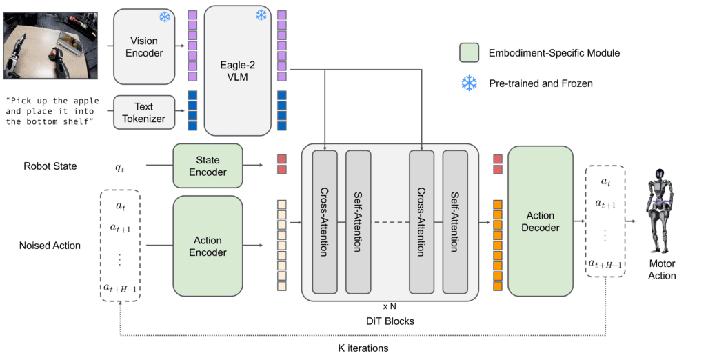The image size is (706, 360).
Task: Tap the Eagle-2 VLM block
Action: pos(236,71)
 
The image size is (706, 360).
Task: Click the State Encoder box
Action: pos(208,166)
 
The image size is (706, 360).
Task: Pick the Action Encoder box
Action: pos(208,246)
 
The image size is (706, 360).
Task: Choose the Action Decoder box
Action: pos(541,221)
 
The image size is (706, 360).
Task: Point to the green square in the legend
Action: pos(469,53)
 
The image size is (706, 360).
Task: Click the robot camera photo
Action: pos(48,46)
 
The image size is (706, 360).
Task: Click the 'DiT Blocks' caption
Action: pos(390,321)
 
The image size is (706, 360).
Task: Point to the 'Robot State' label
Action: pos(50,166)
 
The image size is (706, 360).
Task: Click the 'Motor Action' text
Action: pos(662,270)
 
